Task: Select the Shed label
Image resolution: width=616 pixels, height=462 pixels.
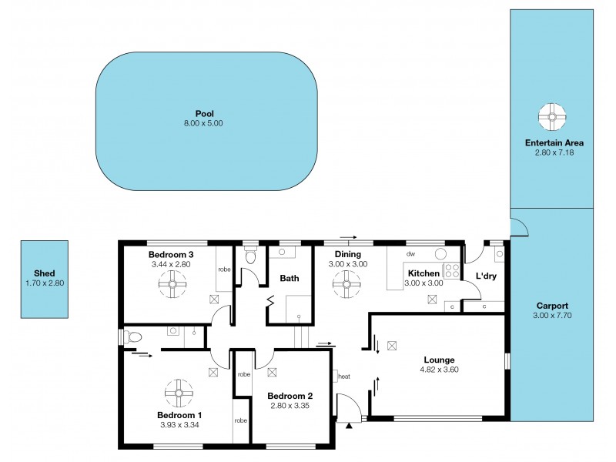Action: pyautogui.click(x=44, y=273)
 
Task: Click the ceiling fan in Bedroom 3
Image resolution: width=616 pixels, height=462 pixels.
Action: pyautogui.click(x=171, y=285)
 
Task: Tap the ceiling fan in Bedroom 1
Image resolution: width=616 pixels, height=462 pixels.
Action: pyautogui.click(x=179, y=393)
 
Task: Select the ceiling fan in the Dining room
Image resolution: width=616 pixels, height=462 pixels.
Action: pyautogui.click(x=347, y=285)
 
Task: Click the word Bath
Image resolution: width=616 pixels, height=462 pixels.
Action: pyautogui.click(x=290, y=279)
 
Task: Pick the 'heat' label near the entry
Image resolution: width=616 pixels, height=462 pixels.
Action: pyautogui.click(x=343, y=377)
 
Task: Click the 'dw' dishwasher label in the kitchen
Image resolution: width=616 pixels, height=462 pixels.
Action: pyautogui.click(x=411, y=253)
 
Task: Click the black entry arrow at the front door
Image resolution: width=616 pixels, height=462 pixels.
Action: pyautogui.click(x=349, y=424)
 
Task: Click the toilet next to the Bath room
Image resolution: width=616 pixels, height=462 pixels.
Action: pyautogui.click(x=249, y=256)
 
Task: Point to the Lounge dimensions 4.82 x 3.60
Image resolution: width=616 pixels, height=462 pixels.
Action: pyautogui.click(x=439, y=370)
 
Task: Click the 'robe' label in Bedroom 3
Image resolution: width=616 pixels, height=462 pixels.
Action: pyautogui.click(x=224, y=269)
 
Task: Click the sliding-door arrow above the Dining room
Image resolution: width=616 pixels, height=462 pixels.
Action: pyautogui.click(x=348, y=238)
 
